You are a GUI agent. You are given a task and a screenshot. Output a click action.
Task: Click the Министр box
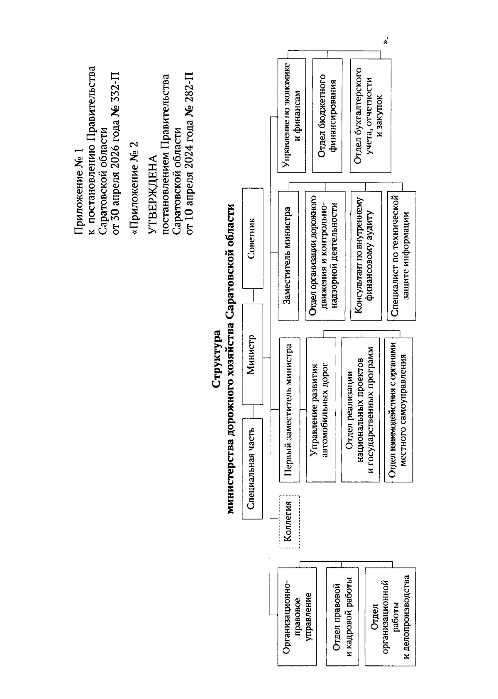pyautogui.click(x=252, y=354)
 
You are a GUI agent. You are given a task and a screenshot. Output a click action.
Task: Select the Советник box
pyautogui.click(x=252, y=238)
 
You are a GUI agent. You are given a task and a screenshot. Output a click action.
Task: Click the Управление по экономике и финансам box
pyautogui.click(x=291, y=115)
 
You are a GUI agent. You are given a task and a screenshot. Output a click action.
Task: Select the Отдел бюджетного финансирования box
pyautogui.click(x=327, y=115)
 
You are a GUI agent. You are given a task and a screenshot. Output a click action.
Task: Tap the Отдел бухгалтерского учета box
pyautogui.click(x=371, y=115)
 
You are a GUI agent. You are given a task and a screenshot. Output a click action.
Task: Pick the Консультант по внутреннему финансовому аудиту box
pyautogui.click(x=366, y=255)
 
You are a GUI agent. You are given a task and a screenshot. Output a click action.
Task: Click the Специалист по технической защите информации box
pyautogui.click(x=401, y=255)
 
